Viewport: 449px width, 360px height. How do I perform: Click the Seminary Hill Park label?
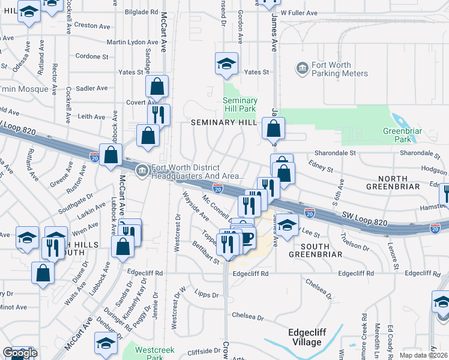coord(240,105)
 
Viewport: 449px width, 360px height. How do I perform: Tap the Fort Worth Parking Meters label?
coord(339,69)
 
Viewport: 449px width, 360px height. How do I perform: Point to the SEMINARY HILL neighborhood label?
coord(224,122)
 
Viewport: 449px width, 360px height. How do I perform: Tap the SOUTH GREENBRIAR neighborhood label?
coord(309,250)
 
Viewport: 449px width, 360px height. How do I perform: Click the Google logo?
coord(19,353)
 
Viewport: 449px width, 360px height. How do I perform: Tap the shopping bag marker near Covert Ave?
coord(157,86)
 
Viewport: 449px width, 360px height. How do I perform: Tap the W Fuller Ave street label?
coord(298,13)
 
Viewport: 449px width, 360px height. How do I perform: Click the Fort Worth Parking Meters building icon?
coord(302,69)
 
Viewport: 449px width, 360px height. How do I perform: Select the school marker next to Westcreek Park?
coord(105,344)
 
